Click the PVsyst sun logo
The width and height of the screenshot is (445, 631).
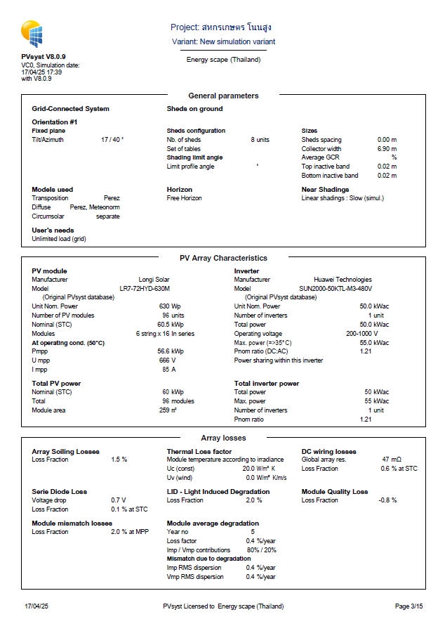tap(34, 34)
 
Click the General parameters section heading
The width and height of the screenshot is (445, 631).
tap(223, 96)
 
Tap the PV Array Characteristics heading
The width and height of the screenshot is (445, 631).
tap(223, 258)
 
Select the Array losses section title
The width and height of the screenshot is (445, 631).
tap(223, 438)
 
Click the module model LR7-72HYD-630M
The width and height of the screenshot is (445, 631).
tap(145, 288)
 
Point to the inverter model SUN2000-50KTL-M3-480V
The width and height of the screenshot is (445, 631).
tap(336, 288)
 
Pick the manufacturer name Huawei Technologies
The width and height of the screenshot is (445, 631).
tap(343, 280)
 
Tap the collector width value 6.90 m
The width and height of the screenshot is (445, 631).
tap(387, 149)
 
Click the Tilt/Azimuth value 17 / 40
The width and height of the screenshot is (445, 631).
tap(112, 140)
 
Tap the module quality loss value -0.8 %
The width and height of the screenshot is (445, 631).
tap(387, 500)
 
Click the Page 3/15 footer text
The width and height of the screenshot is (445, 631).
tap(409, 606)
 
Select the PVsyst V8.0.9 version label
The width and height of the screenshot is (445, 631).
tap(44, 56)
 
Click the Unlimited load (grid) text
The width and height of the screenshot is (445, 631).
tap(59, 239)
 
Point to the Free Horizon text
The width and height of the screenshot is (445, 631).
tap(184, 198)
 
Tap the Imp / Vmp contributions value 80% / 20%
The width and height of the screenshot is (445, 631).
tap(260, 550)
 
